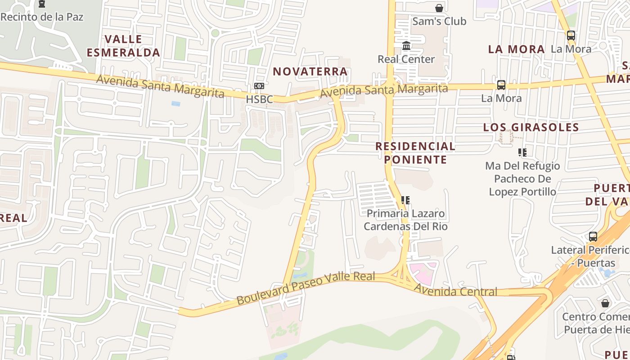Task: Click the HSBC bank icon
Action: pyautogui.click(x=259, y=86)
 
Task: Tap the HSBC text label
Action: pyautogui.click(x=259, y=99)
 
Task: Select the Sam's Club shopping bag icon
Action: pyautogui.click(x=439, y=8)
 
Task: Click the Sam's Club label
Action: pyautogui.click(x=439, y=21)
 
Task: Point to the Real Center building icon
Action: pyautogui.click(x=406, y=46)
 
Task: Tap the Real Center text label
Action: pyautogui.click(x=406, y=59)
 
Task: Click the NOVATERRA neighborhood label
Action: pyautogui.click(x=310, y=71)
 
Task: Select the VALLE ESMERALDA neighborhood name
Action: pyautogui.click(x=123, y=46)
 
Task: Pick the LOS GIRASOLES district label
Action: pyautogui.click(x=531, y=127)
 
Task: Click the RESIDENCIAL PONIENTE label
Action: pyautogui.click(x=415, y=153)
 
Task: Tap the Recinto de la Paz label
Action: pyautogui.click(x=42, y=17)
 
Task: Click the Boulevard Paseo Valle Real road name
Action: pyautogui.click(x=306, y=288)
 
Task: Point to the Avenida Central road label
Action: pyautogui.click(x=455, y=291)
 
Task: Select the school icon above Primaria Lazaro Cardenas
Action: pyautogui.click(x=405, y=200)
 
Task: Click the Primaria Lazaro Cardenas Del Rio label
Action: pyautogui.click(x=405, y=220)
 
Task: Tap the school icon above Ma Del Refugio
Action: pyautogui.click(x=522, y=153)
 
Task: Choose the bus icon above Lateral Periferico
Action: pyautogui.click(x=593, y=237)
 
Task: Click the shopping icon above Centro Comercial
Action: pyautogui.click(x=605, y=303)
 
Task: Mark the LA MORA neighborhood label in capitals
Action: pyautogui.click(x=516, y=49)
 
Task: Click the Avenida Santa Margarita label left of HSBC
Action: pyautogui.click(x=160, y=86)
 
